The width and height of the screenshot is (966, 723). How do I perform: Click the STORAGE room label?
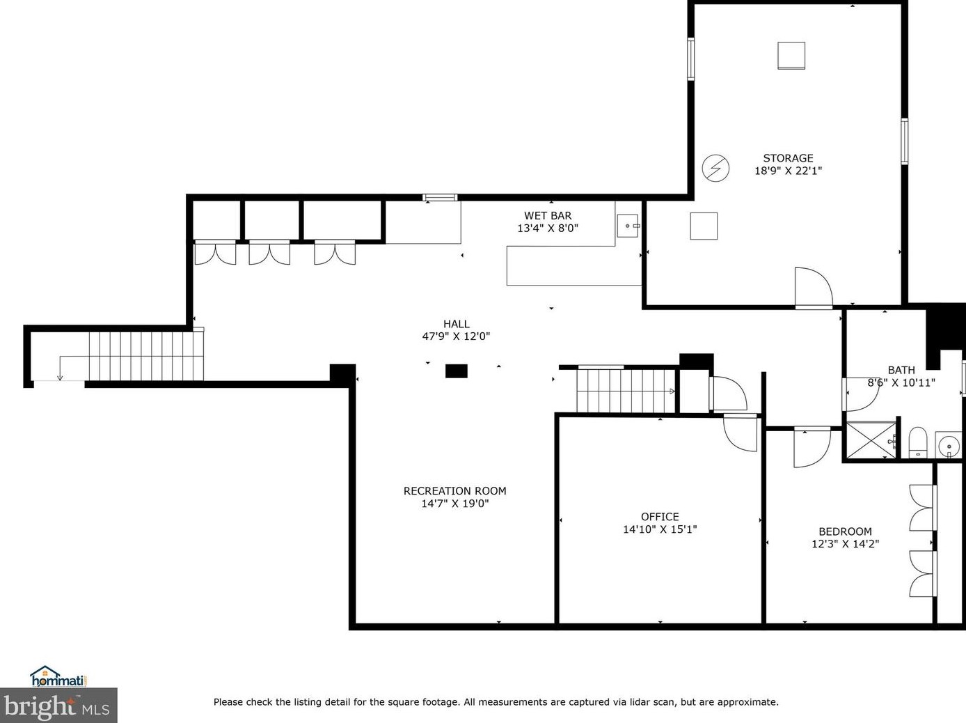point(788,158)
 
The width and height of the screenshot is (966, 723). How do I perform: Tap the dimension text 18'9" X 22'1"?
point(789,171)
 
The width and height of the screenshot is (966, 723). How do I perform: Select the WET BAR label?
point(548,216)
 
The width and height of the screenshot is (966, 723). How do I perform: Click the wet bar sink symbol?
point(628,226)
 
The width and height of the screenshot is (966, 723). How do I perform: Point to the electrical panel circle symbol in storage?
point(715,168)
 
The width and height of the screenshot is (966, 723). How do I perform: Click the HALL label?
point(456,324)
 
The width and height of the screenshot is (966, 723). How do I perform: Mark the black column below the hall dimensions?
point(457,371)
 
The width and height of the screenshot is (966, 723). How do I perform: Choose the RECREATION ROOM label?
point(454,491)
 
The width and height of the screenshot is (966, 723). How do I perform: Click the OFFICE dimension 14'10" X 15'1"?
point(660,529)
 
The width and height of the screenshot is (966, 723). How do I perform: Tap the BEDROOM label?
point(845,531)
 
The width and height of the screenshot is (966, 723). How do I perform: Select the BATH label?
point(901,371)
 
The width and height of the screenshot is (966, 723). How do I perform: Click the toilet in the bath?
point(918,442)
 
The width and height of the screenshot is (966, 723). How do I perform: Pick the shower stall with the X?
point(871,440)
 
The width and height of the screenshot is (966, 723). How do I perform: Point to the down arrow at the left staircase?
point(60,368)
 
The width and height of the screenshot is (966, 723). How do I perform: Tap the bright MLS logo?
point(58,706)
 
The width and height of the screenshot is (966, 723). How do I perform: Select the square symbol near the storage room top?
point(791,56)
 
